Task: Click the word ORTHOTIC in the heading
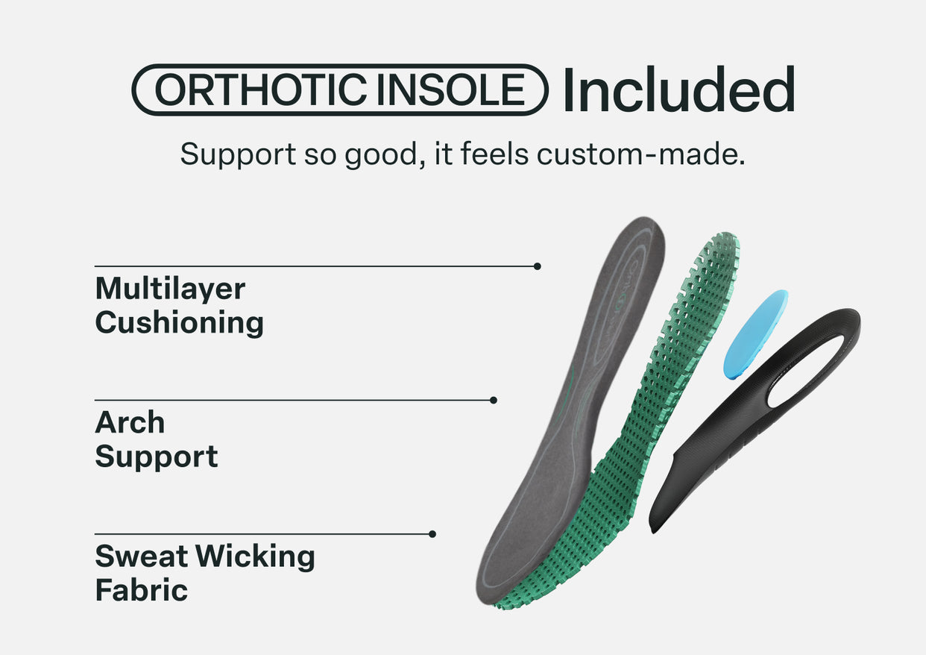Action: (x=261, y=90)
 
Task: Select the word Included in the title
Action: (x=678, y=89)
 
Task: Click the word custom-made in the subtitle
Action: (x=640, y=154)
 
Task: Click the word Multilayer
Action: (x=170, y=289)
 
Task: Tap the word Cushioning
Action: (x=180, y=323)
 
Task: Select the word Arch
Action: (x=130, y=422)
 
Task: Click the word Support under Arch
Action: (x=157, y=457)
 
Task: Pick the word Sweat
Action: (x=142, y=557)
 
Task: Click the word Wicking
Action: (x=255, y=557)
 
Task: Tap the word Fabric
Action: (x=142, y=590)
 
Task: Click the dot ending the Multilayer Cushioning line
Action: (x=537, y=266)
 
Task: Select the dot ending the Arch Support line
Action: (x=493, y=400)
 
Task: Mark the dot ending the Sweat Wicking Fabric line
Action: (x=432, y=534)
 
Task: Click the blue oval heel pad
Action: (x=756, y=334)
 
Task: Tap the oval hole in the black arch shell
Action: (x=805, y=372)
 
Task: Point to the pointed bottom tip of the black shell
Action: (x=652, y=532)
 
